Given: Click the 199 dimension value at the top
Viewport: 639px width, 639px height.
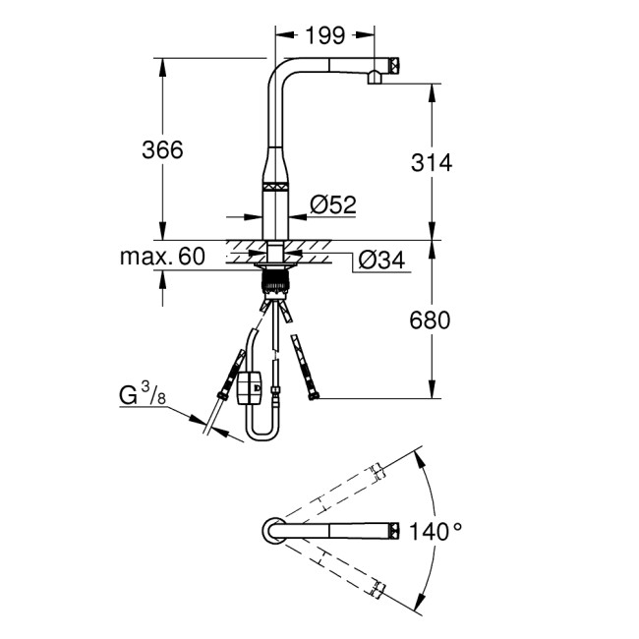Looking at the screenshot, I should [323, 36].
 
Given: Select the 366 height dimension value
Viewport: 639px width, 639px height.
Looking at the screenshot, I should [163, 149].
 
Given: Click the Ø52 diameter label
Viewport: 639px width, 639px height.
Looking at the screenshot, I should [331, 204].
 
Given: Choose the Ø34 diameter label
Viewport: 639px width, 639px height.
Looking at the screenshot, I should [379, 260].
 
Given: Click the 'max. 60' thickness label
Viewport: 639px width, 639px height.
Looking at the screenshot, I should [162, 258].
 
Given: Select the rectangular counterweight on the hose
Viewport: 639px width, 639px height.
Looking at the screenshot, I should [251, 387].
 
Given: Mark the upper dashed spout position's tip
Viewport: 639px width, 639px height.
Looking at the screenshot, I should [378, 472].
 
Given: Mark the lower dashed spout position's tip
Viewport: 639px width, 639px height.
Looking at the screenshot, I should [378, 587].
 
